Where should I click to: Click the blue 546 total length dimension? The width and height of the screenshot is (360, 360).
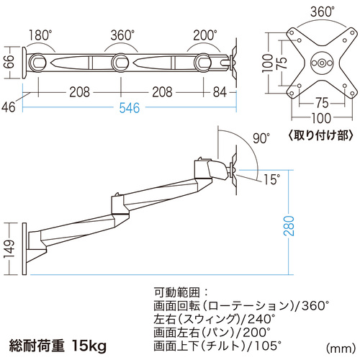tap(130, 108)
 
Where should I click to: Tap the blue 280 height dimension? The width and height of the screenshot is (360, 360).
tap(289, 225)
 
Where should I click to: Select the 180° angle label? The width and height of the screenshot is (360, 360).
tap(40, 35)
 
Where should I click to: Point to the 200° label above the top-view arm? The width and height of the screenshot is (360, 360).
tap(205, 35)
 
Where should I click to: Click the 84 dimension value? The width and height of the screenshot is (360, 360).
tap(220, 92)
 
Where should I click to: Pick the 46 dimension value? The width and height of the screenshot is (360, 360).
tap(9, 107)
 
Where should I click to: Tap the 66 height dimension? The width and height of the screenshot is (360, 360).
tap(9, 62)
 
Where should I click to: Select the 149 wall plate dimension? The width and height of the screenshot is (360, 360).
tap(9, 248)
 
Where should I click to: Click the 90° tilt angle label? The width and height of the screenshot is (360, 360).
tap(261, 138)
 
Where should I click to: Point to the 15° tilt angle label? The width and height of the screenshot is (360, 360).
tap(271, 179)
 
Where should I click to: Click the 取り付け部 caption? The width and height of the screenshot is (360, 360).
tap(320, 135)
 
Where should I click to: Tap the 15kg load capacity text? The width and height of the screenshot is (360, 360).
tap(89, 346)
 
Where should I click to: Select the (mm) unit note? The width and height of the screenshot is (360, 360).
tap(341, 348)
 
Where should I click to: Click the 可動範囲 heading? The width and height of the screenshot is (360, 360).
tap(177, 292)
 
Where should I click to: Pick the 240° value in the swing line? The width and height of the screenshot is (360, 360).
tap(261, 319)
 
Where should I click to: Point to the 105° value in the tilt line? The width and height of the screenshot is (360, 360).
tap(267, 346)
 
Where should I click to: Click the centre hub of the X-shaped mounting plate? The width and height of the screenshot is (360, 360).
tap(322, 63)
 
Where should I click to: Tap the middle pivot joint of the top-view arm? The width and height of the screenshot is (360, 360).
tap(120, 63)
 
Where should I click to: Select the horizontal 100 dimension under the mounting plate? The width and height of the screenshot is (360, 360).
tap(321, 118)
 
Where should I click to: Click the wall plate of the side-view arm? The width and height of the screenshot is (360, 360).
tap(24, 248)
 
